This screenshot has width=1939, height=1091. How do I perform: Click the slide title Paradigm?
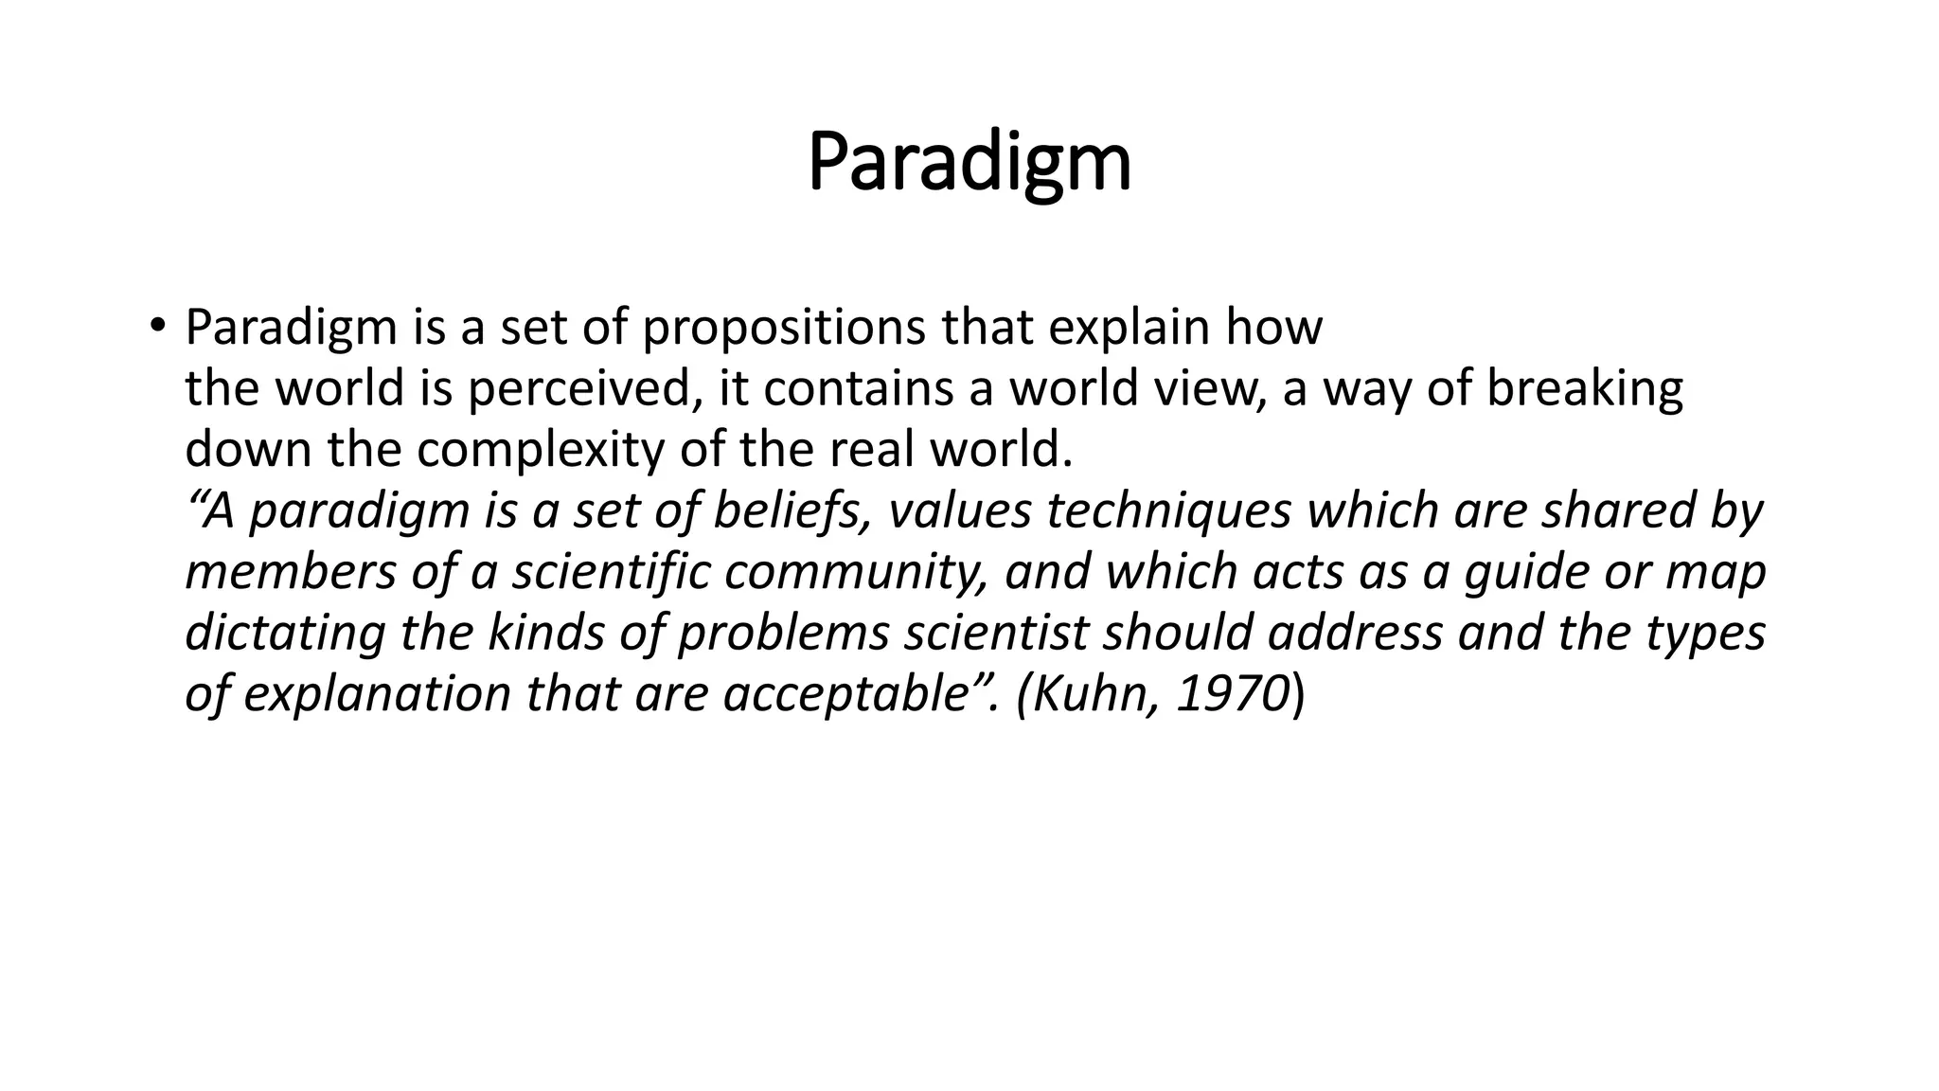tap(969, 163)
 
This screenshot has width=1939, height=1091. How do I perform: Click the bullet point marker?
tap(156, 326)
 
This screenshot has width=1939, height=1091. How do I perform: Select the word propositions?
tap(785, 329)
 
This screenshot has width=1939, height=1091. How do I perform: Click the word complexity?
tap(542, 450)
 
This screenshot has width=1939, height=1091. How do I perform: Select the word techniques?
tap(1168, 511)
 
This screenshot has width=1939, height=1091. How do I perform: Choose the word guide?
tap(1522, 572)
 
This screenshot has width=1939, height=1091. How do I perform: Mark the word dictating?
tap(285, 633)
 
